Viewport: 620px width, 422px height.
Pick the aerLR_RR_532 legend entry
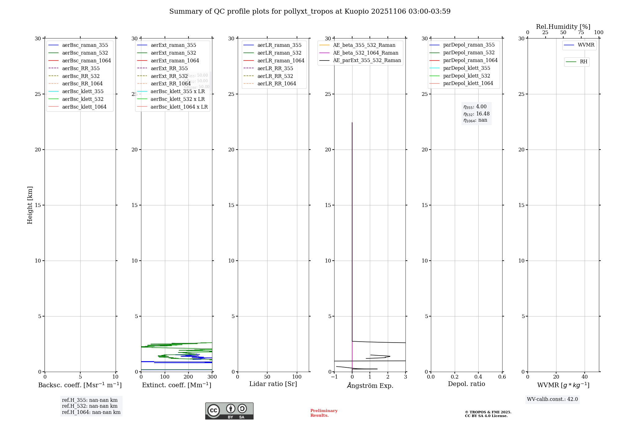(x=275, y=76)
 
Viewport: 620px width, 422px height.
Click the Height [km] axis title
(x=30, y=205)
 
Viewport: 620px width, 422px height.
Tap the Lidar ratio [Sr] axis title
(x=273, y=384)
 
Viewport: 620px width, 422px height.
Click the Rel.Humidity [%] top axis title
(x=563, y=27)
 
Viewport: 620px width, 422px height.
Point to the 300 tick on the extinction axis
(x=212, y=377)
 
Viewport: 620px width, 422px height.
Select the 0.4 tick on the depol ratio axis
(x=478, y=377)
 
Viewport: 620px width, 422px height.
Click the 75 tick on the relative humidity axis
(x=581, y=33)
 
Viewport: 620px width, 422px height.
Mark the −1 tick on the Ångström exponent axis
(x=334, y=377)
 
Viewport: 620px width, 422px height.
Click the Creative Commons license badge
(x=229, y=411)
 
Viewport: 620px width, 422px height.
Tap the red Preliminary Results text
(x=324, y=413)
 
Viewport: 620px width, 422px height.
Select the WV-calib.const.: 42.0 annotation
(x=552, y=399)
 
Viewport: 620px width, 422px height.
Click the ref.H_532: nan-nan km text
(x=90, y=406)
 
